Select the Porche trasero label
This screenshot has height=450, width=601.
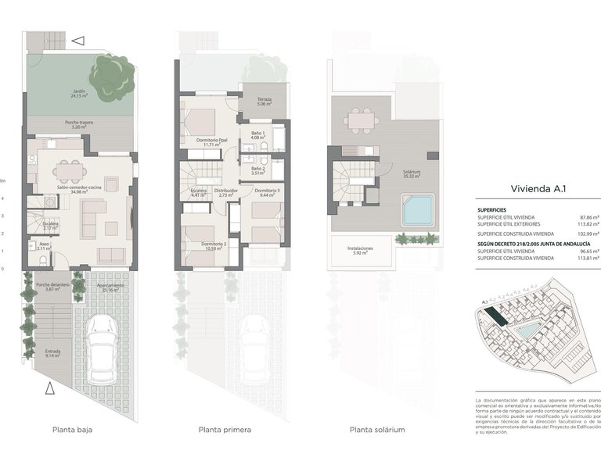(x=79, y=124)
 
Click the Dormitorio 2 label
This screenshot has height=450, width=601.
(x=214, y=246)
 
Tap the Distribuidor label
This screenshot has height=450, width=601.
(x=226, y=192)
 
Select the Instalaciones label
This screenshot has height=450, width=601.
(x=360, y=251)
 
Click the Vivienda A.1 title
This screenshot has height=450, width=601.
(x=537, y=188)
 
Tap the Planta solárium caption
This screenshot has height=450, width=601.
(x=377, y=430)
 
